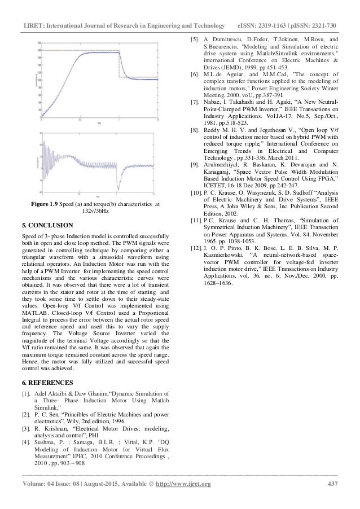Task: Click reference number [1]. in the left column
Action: pyautogui.click(x=26, y=394)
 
